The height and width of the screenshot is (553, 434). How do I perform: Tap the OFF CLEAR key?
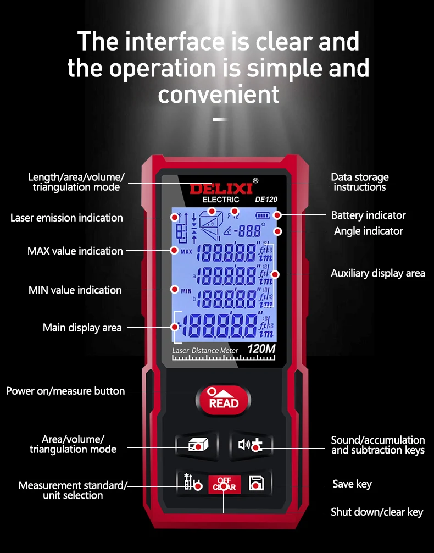pos(224,483)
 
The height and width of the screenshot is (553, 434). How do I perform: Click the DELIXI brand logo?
pos(221,189)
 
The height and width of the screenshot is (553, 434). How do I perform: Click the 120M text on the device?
pos(261,349)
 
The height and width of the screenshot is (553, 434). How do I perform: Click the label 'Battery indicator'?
pos(368,215)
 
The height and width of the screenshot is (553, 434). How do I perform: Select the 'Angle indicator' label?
pos(368,231)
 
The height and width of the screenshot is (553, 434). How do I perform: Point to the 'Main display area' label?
pos(82,328)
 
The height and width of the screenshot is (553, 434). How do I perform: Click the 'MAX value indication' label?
pos(75,251)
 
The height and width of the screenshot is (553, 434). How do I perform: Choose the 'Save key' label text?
pos(352,484)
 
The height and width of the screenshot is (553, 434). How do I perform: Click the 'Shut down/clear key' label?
pos(376,512)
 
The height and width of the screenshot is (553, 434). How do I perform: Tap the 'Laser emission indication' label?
pos(66,218)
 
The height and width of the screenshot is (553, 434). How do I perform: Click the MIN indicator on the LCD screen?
pos(186,290)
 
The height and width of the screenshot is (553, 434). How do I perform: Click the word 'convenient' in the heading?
pos(219,94)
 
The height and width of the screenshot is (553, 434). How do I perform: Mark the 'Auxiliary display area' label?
pos(377,273)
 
